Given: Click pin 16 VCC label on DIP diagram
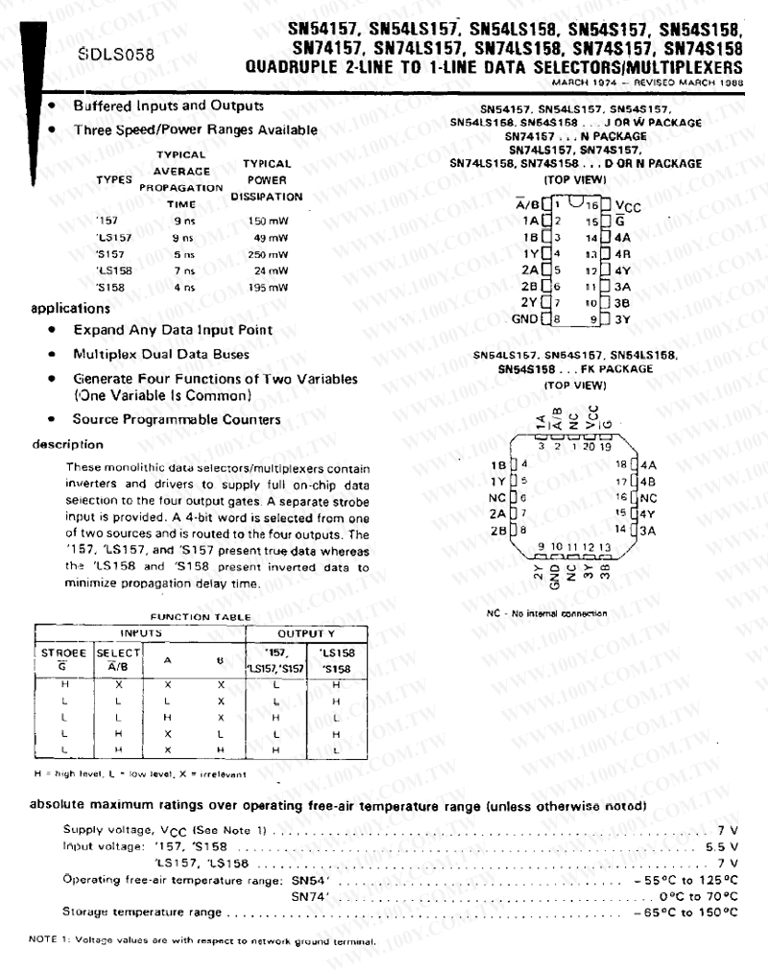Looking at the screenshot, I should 627,205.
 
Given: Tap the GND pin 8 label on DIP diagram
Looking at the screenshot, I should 524,319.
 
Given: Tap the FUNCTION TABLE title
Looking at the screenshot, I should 188,616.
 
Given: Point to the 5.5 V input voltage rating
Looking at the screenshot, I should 721,847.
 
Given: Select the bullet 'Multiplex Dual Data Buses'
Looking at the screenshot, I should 161,354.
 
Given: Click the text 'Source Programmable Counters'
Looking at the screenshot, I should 177,419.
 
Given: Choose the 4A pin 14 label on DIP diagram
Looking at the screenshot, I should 621,237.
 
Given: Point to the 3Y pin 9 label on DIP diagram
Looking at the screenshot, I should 622,319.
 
